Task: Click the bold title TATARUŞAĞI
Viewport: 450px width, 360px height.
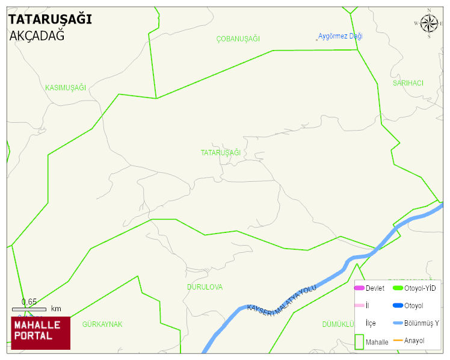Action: click(x=50, y=19)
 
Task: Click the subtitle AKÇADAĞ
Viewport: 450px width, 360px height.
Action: click(x=37, y=36)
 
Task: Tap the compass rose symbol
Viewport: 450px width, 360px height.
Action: click(x=429, y=23)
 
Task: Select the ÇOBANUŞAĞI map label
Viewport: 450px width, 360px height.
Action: click(x=238, y=39)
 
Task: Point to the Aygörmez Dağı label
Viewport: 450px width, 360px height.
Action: click(x=341, y=36)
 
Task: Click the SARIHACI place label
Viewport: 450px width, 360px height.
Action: click(x=408, y=83)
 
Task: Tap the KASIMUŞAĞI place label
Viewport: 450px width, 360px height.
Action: click(x=66, y=88)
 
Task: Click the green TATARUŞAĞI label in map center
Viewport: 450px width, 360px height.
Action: click(x=221, y=153)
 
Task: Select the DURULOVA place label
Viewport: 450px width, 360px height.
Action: click(x=205, y=287)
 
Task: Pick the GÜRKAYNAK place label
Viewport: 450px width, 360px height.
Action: click(x=102, y=324)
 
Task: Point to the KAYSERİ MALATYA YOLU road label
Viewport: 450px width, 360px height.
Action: click(x=282, y=299)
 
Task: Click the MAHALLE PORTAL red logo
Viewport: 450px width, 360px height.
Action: click(x=40, y=333)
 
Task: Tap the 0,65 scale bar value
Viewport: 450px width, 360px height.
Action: click(x=29, y=302)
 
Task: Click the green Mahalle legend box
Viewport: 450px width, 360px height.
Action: click(x=359, y=341)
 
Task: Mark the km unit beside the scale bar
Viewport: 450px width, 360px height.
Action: click(x=56, y=309)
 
